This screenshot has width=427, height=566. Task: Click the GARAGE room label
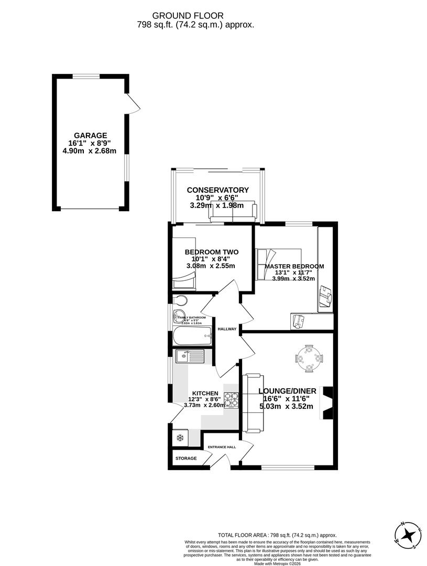pos(90,135)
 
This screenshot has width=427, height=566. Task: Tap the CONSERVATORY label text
pos(217,190)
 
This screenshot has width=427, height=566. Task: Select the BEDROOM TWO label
pos(211,252)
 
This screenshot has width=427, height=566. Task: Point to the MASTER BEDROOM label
pos(294,266)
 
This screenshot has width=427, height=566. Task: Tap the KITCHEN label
pos(205,393)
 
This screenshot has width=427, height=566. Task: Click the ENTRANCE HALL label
pos(222,447)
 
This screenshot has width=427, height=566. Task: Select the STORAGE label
pos(186,459)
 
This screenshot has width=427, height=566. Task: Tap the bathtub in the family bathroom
pos(192,335)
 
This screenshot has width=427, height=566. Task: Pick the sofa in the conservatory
pos(234,211)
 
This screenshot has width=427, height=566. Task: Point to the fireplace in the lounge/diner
pos(326,402)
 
